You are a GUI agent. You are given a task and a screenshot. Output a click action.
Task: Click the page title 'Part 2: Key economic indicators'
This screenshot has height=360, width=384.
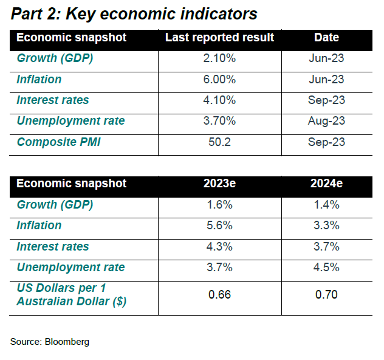(134, 14)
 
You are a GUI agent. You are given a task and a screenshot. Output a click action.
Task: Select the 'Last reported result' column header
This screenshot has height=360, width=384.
(219, 38)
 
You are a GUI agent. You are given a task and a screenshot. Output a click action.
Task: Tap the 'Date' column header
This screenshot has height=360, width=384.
(326, 38)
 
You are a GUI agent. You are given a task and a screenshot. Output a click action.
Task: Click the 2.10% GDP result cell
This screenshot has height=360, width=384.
(219, 58)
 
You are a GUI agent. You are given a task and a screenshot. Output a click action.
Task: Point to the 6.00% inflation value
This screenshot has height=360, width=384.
(219, 80)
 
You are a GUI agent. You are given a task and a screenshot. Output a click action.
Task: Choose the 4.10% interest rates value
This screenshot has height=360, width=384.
(219, 100)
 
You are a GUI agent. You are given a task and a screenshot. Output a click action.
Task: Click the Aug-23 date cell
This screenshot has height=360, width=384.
(326, 121)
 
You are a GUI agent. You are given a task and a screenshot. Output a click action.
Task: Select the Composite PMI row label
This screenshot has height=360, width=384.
(59, 142)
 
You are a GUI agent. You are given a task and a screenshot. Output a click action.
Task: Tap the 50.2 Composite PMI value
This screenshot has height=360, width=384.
(219, 142)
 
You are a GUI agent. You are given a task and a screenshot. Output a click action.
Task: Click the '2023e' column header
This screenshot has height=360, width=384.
(219, 183)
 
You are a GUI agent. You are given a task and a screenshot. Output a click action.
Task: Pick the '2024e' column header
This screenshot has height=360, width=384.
(326, 183)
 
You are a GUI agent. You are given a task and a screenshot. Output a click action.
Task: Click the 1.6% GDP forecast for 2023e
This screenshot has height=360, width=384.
(219, 205)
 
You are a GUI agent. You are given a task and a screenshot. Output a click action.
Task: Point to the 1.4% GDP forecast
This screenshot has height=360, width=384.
(326, 205)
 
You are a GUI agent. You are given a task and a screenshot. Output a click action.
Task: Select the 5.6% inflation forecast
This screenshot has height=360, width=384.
(219, 226)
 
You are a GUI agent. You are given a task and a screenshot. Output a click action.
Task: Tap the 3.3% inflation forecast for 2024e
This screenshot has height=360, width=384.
(326, 226)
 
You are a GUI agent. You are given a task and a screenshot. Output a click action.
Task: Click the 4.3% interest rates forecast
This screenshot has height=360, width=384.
(219, 246)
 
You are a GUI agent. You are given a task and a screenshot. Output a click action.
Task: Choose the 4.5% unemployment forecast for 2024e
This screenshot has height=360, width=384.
(326, 268)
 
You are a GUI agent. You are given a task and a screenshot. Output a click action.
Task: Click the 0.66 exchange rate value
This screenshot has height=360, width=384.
(219, 294)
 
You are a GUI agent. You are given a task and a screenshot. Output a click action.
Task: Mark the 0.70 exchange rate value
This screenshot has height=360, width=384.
(326, 294)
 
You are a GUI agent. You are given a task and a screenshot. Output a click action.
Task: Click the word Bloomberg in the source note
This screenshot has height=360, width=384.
(67, 342)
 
